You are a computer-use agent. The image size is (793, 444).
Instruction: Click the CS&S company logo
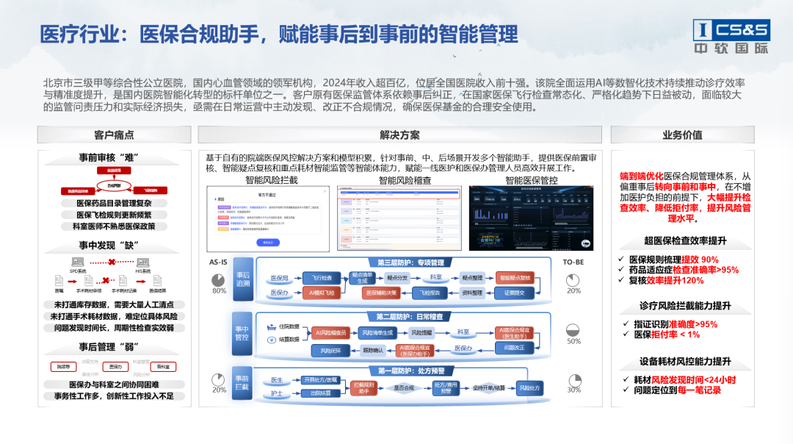(x=731, y=37)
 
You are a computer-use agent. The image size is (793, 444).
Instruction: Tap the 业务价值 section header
(x=682, y=135)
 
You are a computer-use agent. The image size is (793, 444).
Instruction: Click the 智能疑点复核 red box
(x=516, y=279)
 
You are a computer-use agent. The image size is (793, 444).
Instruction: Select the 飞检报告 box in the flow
(x=425, y=293)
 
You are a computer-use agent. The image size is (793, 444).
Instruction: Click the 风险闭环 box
(x=330, y=351)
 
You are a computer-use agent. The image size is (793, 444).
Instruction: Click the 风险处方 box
(x=530, y=387)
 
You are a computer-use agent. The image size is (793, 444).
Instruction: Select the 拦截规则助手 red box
(x=364, y=387)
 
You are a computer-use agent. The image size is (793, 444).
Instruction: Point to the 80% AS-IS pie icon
(x=219, y=280)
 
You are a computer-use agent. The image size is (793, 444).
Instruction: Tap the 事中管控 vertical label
(x=242, y=334)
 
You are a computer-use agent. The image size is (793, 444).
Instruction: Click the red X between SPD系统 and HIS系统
(x=111, y=262)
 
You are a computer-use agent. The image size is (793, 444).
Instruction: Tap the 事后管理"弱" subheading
(x=110, y=347)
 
